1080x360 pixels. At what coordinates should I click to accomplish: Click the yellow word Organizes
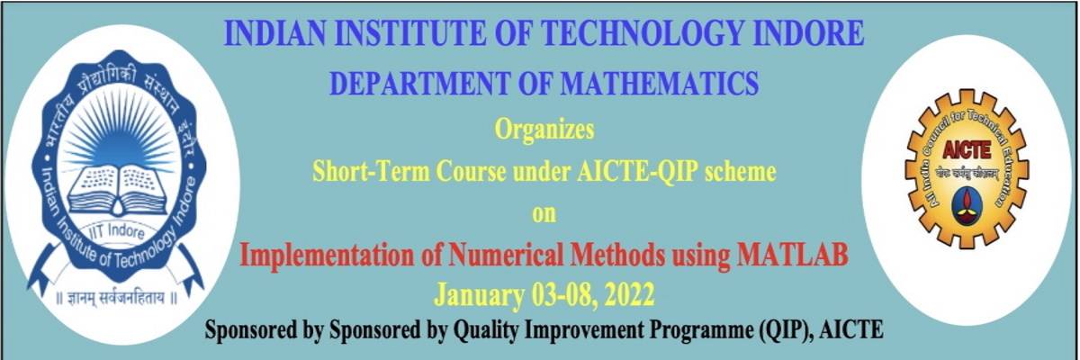point(544,130)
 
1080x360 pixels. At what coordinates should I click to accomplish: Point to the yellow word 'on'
point(544,213)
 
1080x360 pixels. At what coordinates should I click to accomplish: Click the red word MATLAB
point(792,255)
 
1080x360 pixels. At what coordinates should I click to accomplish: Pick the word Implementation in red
point(327,256)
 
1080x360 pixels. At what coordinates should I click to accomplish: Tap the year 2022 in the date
point(629,294)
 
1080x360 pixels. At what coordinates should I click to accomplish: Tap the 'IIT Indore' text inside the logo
point(117,230)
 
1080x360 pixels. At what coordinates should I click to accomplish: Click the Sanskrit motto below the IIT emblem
point(117,298)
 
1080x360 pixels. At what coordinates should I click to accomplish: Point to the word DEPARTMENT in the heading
point(419,83)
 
